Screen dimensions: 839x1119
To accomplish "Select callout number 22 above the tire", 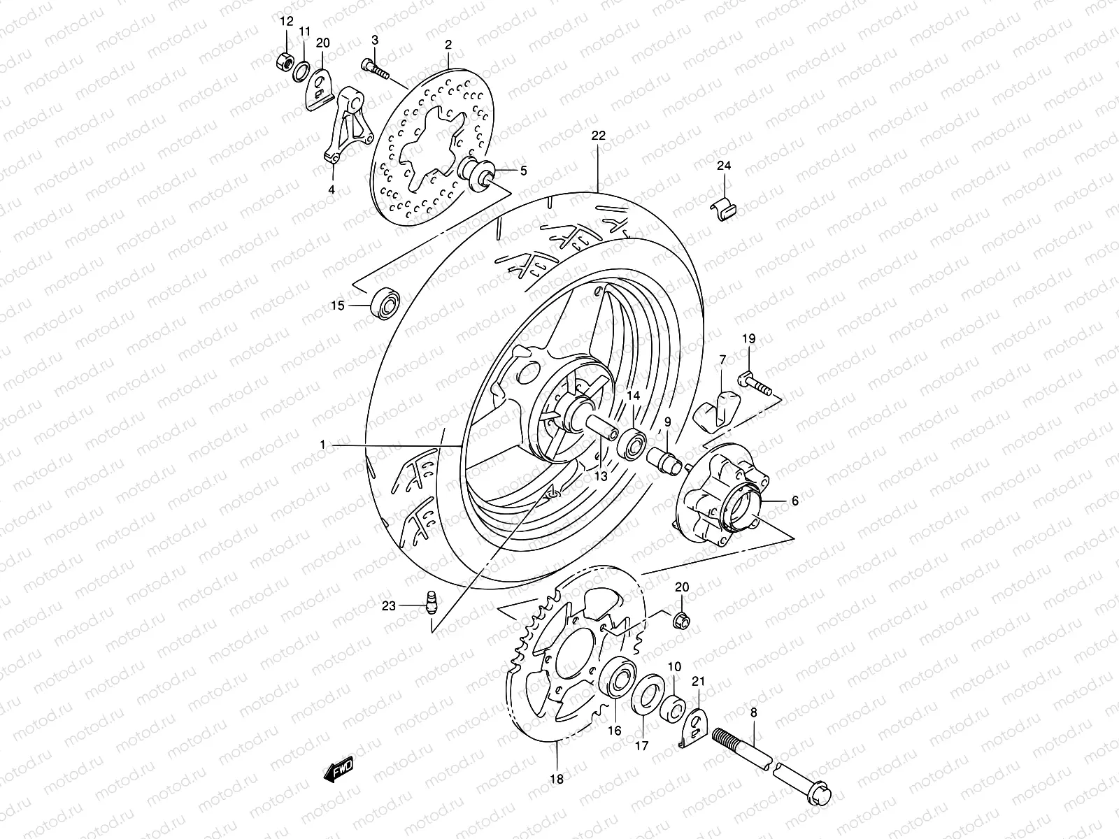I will [597, 136].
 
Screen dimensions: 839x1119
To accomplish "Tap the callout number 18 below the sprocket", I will [556, 777].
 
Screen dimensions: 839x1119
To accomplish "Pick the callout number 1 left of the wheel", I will [323, 445].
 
